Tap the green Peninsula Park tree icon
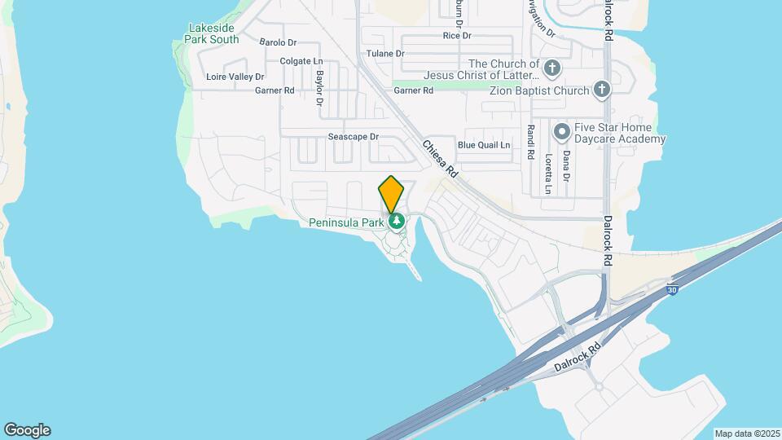[397, 221]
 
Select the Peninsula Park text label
[346, 222]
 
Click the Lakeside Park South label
[212, 33]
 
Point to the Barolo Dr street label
[278, 42]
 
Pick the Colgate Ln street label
[301, 61]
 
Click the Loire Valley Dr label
[235, 77]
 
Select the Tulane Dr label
[385, 54]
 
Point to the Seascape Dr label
[354, 137]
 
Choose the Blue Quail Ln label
[484, 145]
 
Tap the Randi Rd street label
[530, 142]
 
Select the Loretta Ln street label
[549, 174]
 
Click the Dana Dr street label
[566, 166]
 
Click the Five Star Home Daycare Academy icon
[561, 130]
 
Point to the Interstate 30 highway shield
[671, 289]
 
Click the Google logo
[27, 430]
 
